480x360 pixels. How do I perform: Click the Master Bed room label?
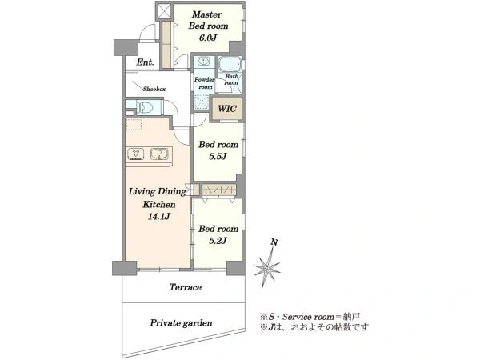[x=209, y=20]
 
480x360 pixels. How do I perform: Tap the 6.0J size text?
[x=208, y=38]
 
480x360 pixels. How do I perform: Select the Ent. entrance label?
[x=145, y=62]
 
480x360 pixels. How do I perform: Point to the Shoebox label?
[x=154, y=89]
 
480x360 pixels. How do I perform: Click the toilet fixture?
[x=146, y=107]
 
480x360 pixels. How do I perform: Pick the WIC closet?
[x=227, y=108]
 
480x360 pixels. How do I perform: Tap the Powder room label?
[x=205, y=83]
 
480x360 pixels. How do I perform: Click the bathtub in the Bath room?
[x=230, y=64]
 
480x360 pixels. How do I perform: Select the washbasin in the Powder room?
[x=203, y=62]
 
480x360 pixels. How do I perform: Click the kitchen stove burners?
[x=136, y=154]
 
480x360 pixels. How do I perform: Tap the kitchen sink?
[x=158, y=154]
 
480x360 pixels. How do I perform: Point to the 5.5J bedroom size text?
[x=218, y=157]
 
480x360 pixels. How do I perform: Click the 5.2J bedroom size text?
[x=218, y=241]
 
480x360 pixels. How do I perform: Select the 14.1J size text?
[x=158, y=217]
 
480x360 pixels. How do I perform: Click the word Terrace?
[x=186, y=287]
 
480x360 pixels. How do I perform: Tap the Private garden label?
[x=181, y=323]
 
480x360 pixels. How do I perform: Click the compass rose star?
[x=267, y=268]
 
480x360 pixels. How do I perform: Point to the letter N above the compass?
[x=274, y=242]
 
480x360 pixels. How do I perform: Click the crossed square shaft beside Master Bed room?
[x=164, y=11]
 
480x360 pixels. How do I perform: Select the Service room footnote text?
[x=310, y=317]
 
